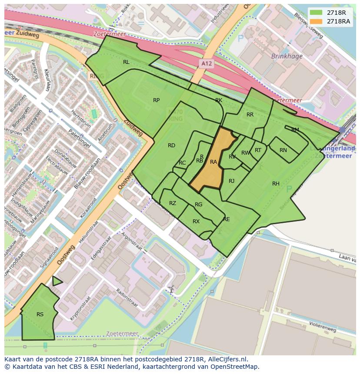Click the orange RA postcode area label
(x=213, y=162)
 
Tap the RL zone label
(x=126, y=62)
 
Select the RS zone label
(x=40, y=314)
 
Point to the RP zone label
(x=156, y=100)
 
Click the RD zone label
(x=171, y=146)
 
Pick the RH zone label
(x=276, y=184)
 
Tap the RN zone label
(x=283, y=150)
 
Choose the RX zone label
(x=196, y=222)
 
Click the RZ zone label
(x=173, y=203)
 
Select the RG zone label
(x=198, y=205)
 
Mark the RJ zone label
(x=231, y=181)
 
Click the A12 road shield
(x=207, y=64)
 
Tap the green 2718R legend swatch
(x=316, y=13)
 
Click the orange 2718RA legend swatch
(x=316, y=21)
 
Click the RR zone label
(x=250, y=115)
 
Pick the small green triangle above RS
(x=56, y=281)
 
